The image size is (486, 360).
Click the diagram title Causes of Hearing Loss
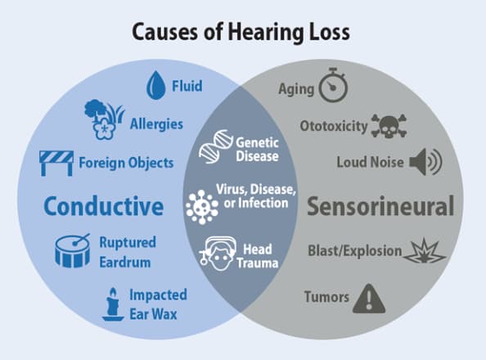pyautogui.click(x=244, y=33)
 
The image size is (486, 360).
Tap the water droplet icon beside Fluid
pyautogui.click(x=155, y=84)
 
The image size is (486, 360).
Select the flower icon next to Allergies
pyautogui.click(x=104, y=119)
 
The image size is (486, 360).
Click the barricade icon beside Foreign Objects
pyautogui.click(x=56, y=162)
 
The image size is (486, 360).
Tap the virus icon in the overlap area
pyautogui.click(x=200, y=205)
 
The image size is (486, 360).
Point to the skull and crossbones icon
pyautogui.click(x=387, y=126)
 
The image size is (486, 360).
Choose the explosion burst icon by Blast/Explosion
pyautogui.click(x=425, y=251)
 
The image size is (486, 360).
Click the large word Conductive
pyautogui.click(x=103, y=206)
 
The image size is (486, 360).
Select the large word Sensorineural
pyautogui.click(x=380, y=206)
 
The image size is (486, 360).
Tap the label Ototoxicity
pyautogui.click(x=332, y=127)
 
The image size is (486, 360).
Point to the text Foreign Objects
pyautogui.click(x=126, y=163)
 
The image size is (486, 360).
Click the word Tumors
pyautogui.click(x=326, y=296)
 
